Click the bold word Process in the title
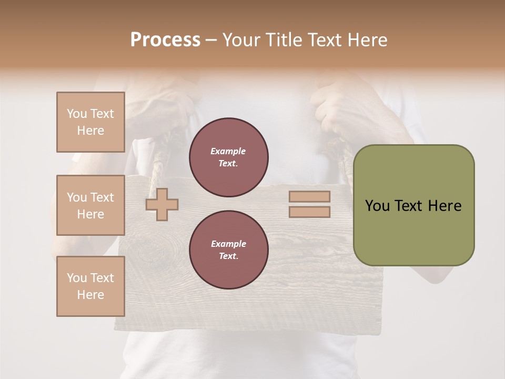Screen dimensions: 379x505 (165, 40)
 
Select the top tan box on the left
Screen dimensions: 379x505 (90, 122)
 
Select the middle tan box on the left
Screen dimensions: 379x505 (90, 205)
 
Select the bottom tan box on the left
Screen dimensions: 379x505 (90, 286)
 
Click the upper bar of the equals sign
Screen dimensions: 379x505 (309, 197)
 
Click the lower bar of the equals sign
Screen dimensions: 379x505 (309, 212)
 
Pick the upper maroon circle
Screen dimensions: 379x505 (228, 157)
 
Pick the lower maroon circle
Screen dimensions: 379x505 (228, 250)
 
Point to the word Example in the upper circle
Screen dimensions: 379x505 (228, 151)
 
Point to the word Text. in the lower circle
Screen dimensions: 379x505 (228, 256)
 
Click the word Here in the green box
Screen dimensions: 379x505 (445, 206)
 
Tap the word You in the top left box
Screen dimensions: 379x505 (76, 114)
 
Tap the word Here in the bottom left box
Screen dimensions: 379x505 (90, 295)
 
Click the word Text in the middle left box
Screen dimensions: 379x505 (102, 197)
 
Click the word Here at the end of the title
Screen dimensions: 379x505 (369, 40)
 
